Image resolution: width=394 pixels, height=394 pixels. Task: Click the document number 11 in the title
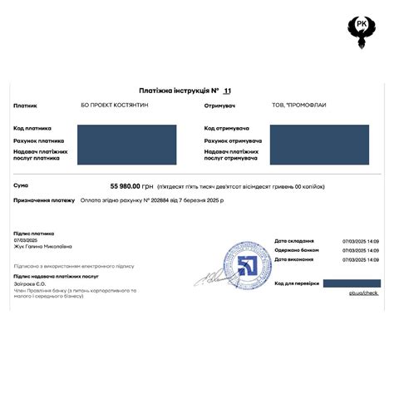pos(228,90)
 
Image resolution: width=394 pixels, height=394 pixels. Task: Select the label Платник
pos(25,106)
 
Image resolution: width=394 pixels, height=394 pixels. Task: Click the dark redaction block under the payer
pos(126,145)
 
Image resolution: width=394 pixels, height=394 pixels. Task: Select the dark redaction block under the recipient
pos(320,145)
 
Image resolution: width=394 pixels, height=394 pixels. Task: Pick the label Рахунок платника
pos(38,140)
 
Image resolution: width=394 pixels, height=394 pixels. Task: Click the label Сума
pos(21,185)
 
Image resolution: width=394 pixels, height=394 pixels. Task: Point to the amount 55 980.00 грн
pos(132,185)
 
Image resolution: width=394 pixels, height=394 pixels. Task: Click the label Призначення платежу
pos(44,200)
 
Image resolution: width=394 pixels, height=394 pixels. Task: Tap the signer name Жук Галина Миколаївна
pos(42,247)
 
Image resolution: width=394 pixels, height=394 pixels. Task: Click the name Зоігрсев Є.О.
pos(30,283)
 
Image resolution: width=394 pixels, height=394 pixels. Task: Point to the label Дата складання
pos(293,241)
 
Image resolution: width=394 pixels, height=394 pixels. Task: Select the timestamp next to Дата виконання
pos(361,259)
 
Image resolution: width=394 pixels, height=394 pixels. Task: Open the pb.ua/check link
pos(364,293)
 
